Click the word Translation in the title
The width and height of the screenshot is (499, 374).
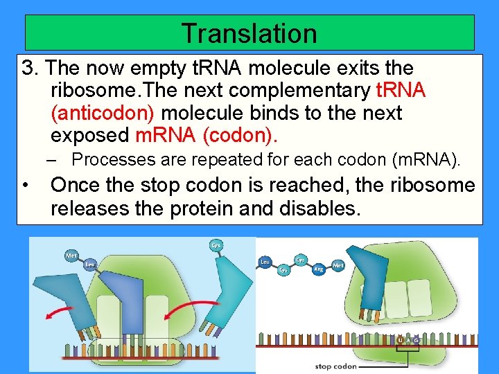pos(249,33)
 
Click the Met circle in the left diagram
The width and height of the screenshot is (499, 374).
pos(71,256)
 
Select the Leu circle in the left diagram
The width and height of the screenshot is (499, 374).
pos(89,264)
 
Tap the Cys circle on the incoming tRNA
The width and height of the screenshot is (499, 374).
pos(216,246)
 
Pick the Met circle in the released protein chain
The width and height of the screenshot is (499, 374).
pos(338,265)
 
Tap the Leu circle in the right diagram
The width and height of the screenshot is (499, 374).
pos(264,262)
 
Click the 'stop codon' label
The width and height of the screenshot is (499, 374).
pos(335,366)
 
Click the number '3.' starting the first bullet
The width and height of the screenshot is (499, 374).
pos(30,69)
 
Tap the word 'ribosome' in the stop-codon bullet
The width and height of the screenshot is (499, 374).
pos(432,185)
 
